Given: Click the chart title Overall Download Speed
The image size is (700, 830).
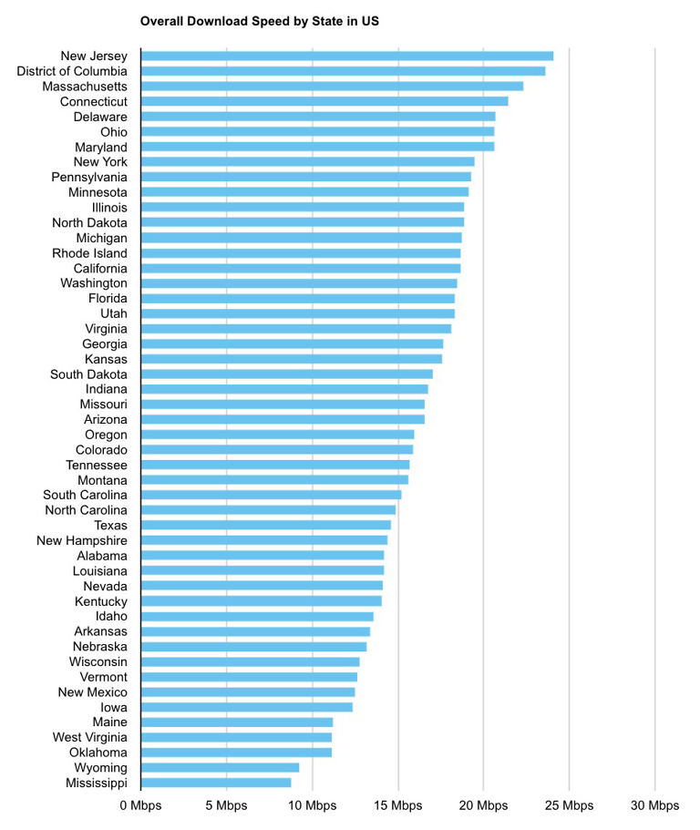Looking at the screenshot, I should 259,19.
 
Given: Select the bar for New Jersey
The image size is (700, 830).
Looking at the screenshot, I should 347,56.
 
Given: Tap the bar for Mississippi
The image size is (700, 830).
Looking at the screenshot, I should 217,783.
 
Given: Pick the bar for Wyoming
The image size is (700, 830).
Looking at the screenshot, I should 221,767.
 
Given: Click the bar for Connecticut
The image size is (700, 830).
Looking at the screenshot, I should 324,101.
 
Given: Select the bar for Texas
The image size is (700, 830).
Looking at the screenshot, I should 266,525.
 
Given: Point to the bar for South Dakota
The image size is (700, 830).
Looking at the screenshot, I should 287,374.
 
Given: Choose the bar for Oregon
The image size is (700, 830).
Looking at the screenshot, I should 278,435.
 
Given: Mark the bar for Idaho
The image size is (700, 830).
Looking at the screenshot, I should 258,616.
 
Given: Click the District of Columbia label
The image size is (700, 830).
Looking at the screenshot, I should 72,71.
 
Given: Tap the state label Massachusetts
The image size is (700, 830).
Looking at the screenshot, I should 85,87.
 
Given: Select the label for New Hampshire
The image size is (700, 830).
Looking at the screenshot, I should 82,540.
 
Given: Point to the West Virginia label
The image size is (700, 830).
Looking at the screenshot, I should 89,737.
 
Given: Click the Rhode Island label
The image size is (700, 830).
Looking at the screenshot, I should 89,253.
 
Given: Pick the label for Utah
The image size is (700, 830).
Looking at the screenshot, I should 114,313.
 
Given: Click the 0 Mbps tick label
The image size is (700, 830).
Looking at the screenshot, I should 141,805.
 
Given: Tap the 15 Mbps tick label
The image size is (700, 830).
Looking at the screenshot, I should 398,805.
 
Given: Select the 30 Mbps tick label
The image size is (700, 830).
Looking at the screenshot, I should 655,805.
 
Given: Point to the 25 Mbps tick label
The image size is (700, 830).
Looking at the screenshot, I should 570,805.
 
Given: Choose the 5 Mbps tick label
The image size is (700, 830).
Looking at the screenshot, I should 227,805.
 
